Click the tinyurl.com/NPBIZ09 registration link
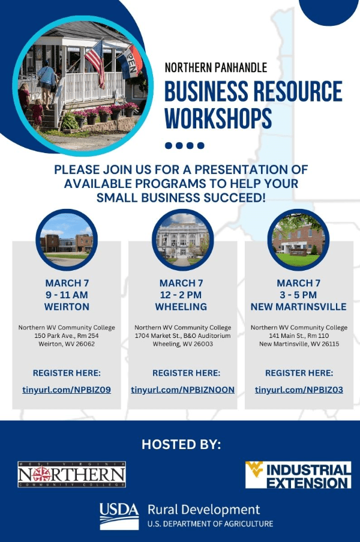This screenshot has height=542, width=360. (x=66, y=390)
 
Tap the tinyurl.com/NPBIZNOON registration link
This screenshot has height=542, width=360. (x=182, y=390)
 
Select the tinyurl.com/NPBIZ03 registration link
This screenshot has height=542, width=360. (x=299, y=390)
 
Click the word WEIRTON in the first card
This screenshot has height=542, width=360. (x=67, y=307)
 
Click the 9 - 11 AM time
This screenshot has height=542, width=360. (x=67, y=295)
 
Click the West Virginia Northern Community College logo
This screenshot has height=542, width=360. (x=71, y=475)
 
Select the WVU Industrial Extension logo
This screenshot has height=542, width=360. (x=298, y=475)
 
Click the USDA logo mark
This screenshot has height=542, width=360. (x=119, y=515)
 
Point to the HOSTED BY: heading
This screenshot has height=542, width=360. (x=181, y=445)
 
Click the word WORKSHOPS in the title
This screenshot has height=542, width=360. (x=218, y=118)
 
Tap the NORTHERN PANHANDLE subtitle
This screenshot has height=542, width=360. (x=215, y=68)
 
